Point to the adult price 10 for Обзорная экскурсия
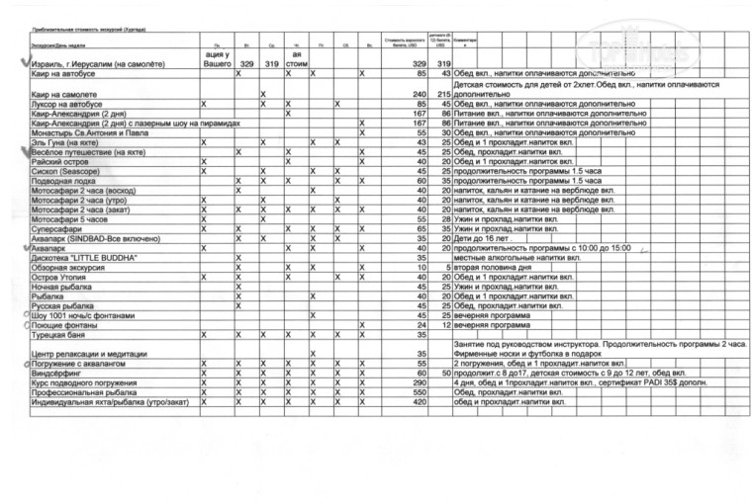422,268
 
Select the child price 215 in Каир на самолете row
443,94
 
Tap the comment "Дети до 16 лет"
486,238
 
